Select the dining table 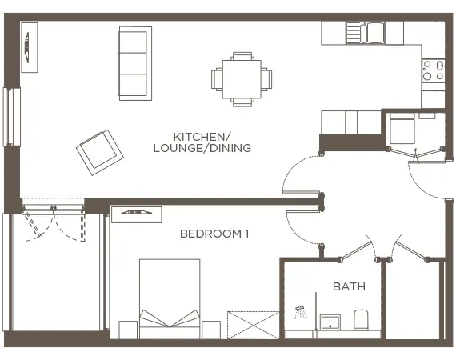tap(242, 78)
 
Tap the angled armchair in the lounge tap(98, 150)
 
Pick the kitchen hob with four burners tap(433, 70)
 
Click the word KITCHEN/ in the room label tap(202, 136)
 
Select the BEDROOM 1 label tap(214, 234)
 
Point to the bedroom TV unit tap(136, 213)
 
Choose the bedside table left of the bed tap(128, 329)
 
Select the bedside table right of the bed tap(210, 329)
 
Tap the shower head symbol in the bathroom tap(301, 311)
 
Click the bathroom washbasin tap(329, 322)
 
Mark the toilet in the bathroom tap(360, 319)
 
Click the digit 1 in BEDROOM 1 tap(247, 234)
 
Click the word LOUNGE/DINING tap(202, 148)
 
